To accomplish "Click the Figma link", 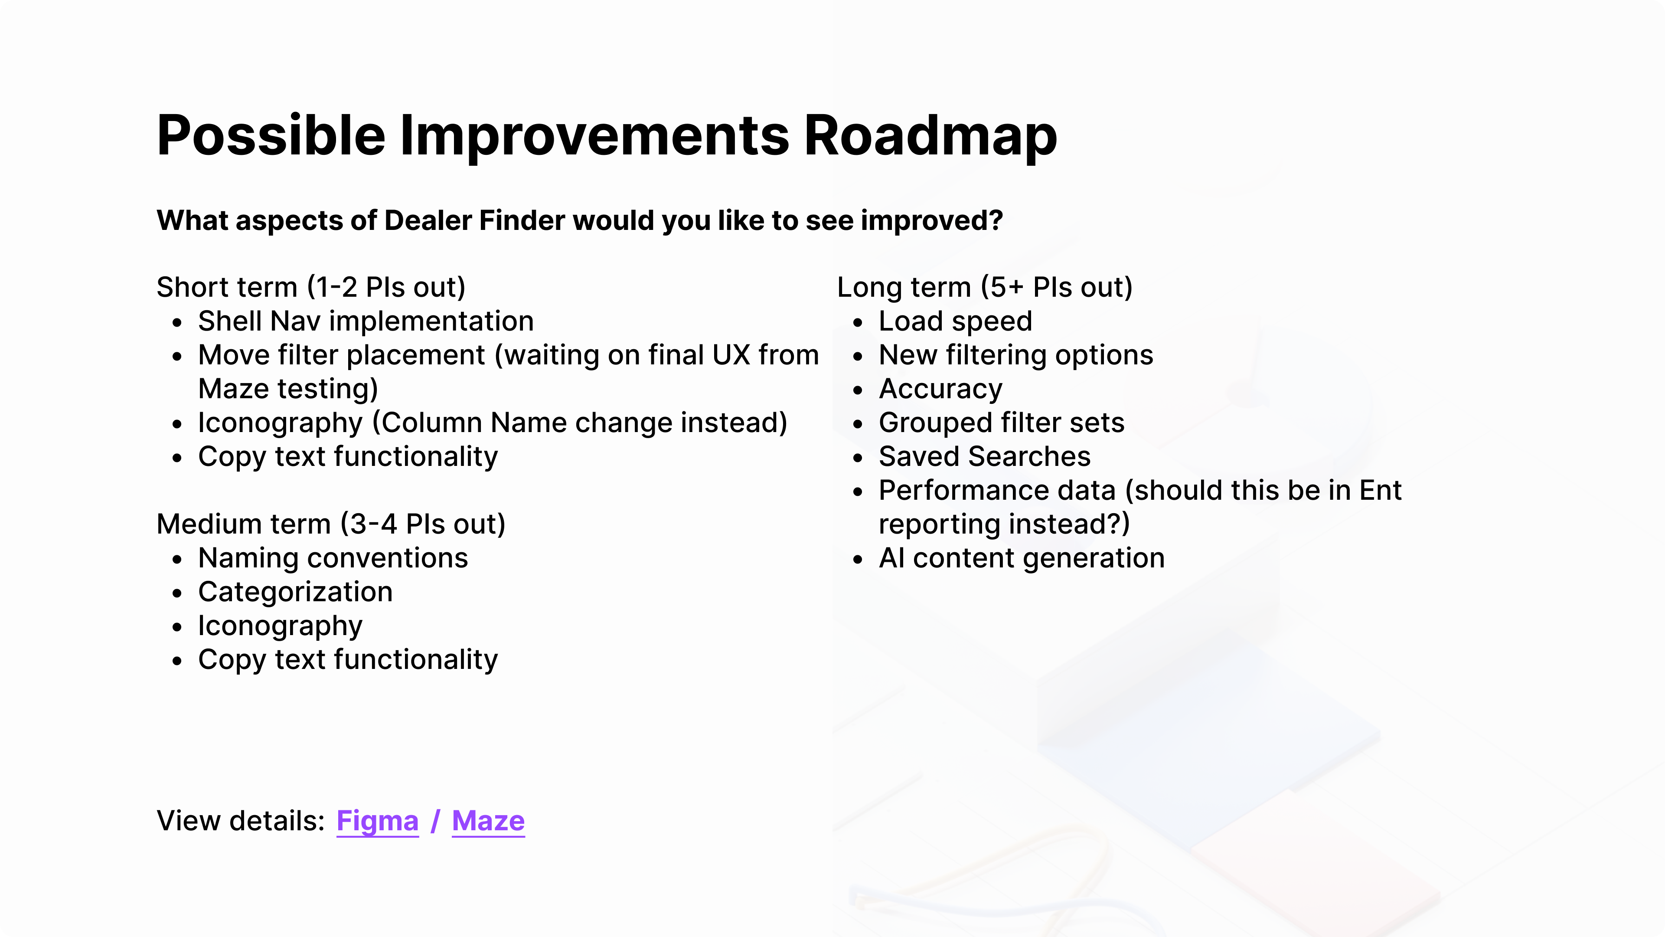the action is pyautogui.click(x=378, y=821).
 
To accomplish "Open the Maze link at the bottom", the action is pyautogui.click(x=488, y=821).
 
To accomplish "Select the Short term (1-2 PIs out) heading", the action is pyautogui.click(x=311, y=287).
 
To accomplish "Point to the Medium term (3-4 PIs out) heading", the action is pyautogui.click(x=331, y=524).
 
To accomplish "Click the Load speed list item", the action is pyautogui.click(x=955, y=321).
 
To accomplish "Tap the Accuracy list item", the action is pyautogui.click(x=940, y=389).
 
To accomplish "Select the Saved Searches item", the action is pyautogui.click(x=984, y=456).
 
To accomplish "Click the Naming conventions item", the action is pyautogui.click(x=333, y=558).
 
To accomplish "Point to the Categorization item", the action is pyautogui.click(x=295, y=592).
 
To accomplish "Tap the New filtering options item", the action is pyautogui.click(x=1016, y=355).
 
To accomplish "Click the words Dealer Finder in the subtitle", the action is pyautogui.click(x=475, y=220).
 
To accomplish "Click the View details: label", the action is pyautogui.click(x=241, y=821).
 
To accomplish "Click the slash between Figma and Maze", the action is pyautogui.click(x=436, y=821).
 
